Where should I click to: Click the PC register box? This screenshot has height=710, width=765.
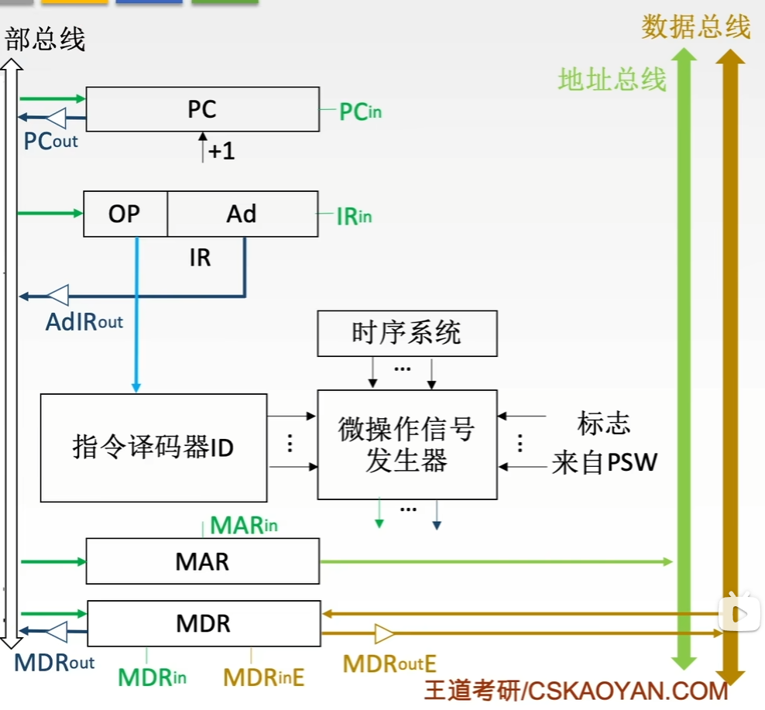pos(202,109)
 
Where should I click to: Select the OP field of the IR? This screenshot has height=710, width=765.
pos(125,214)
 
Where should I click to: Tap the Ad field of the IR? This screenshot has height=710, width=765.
pos(242,214)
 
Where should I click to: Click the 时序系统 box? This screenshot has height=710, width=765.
pos(407,334)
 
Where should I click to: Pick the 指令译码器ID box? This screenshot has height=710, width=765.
pos(153,447)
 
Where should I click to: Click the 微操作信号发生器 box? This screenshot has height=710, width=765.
pos(407,444)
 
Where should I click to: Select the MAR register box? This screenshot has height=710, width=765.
pos(202,561)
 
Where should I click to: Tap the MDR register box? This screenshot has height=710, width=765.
pos(203,623)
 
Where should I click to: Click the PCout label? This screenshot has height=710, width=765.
pos(51,142)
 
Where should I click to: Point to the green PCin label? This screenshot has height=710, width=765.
pos(360,112)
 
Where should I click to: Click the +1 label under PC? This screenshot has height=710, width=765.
pos(221,151)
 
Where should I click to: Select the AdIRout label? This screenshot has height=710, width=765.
pos(84,321)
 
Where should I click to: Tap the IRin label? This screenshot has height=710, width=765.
pos(354,217)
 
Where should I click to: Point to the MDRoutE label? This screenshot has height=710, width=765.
pos(390,664)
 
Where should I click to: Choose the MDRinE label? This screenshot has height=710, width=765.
pos(264,677)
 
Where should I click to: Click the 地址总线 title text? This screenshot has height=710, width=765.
pos(612,79)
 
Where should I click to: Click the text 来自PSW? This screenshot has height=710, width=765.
pos(605,463)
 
